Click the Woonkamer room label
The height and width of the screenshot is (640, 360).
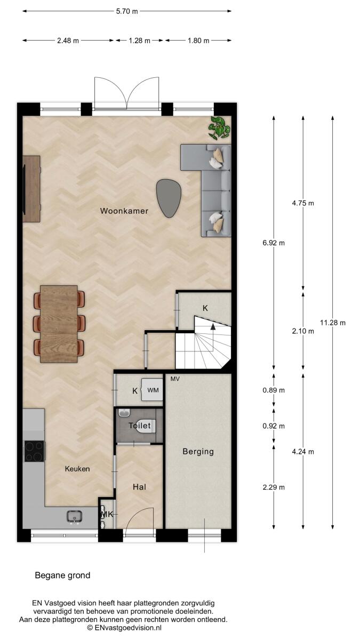(x=124, y=211)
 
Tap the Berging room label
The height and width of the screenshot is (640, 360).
(x=198, y=451)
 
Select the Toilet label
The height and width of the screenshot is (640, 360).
(x=139, y=426)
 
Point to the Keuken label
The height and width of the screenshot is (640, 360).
(x=77, y=469)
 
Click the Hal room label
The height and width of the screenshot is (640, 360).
(x=139, y=487)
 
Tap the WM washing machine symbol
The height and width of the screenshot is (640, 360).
(x=153, y=390)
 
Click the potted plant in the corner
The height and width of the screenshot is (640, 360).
(x=219, y=128)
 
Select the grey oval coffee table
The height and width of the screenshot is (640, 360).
(x=169, y=198)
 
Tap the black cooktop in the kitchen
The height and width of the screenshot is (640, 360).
(x=35, y=451)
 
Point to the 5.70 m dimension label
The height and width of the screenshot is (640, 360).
(x=127, y=11)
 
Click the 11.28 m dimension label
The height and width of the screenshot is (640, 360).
(x=333, y=323)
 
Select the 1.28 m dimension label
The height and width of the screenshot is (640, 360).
(x=139, y=41)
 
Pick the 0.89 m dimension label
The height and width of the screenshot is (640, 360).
(x=274, y=390)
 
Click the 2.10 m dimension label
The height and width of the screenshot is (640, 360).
(x=303, y=331)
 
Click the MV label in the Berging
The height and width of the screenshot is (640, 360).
(x=175, y=379)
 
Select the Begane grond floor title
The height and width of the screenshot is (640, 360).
(x=62, y=575)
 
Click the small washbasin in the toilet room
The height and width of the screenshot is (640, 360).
(x=124, y=413)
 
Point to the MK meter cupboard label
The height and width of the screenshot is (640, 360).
(x=107, y=514)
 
